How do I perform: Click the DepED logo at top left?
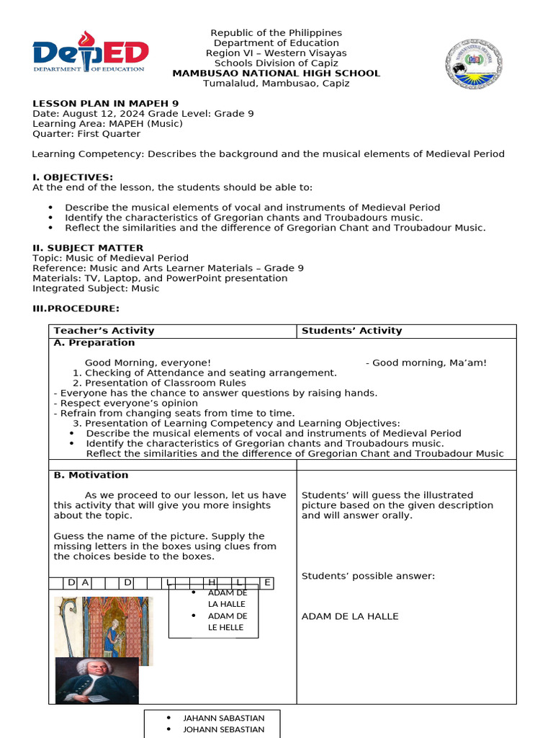[x=90, y=54]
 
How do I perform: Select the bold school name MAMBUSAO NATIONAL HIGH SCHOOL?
[x=276, y=74]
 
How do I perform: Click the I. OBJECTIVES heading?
[x=73, y=177]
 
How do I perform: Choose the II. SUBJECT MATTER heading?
[x=88, y=248]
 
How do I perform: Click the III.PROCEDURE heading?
[x=78, y=308]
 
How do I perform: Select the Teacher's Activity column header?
[x=104, y=331]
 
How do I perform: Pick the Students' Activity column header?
[x=351, y=331]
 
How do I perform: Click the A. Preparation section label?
[x=94, y=343]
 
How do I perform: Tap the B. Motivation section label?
[x=91, y=475]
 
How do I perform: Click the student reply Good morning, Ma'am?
[x=429, y=363]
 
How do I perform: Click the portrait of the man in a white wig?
[x=96, y=680]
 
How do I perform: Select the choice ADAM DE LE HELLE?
[x=227, y=622]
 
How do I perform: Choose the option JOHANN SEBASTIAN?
[x=223, y=729]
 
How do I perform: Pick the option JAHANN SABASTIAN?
[x=223, y=718]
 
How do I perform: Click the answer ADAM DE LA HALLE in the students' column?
[x=349, y=616]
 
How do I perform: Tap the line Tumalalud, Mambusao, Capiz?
[x=276, y=84]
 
